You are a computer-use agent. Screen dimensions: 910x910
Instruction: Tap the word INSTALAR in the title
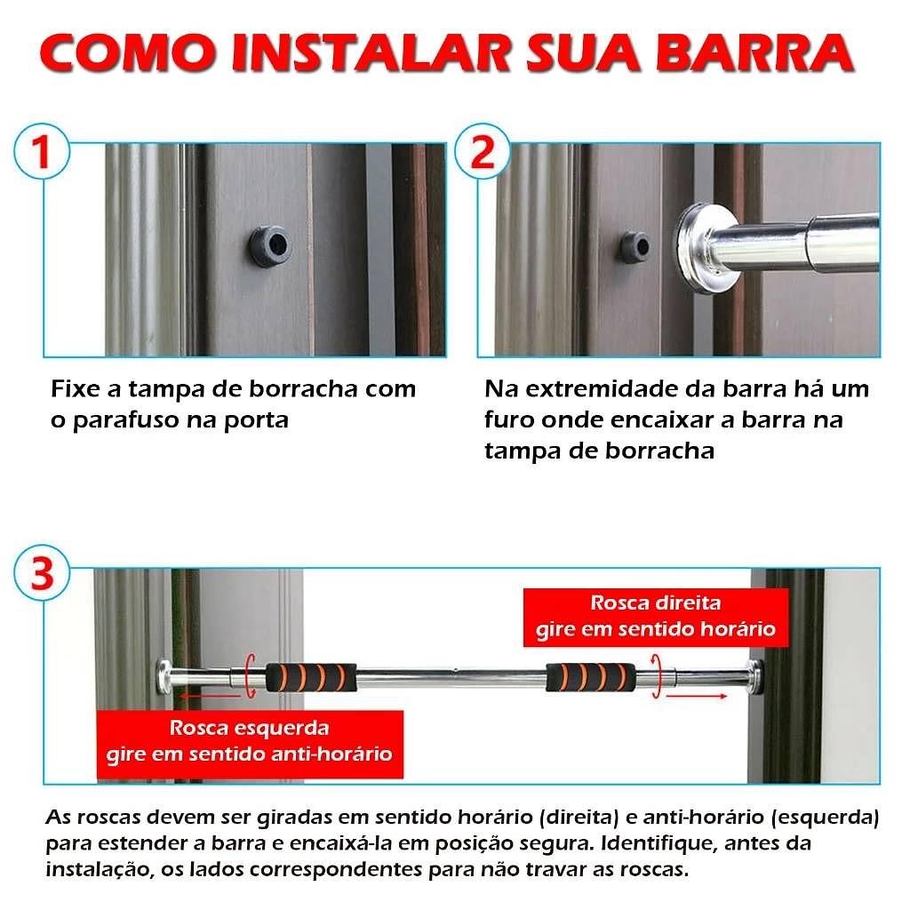click(x=371, y=53)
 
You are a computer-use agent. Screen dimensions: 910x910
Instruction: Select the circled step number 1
click(x=42, y=152)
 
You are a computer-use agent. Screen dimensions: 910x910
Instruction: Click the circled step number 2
click(x=483, y=152)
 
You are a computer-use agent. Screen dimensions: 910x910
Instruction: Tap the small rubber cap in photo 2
click(x=634, y=246)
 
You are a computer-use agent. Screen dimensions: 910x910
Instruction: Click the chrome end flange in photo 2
click(x=705, y=245)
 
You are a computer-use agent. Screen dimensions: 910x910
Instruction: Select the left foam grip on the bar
click(x=311, y=676)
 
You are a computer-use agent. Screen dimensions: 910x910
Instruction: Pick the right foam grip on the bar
click(x=591, y=676)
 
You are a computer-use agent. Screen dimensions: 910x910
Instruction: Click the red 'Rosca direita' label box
click(x=656, y=617)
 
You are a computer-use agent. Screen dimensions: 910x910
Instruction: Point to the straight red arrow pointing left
click(x=209, y=695)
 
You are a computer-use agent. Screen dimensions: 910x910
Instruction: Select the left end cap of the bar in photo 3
click(x=164, y=676)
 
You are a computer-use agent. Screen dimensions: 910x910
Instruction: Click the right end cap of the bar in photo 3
click(x=755, y=676)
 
